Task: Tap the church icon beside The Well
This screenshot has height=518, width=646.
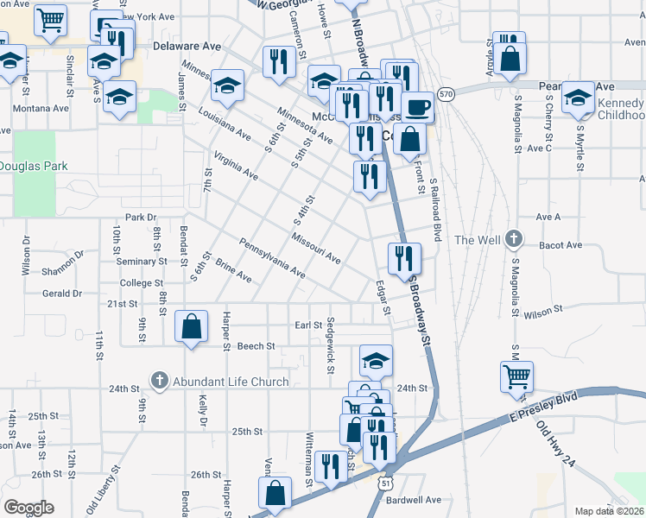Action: (x=514, y=239)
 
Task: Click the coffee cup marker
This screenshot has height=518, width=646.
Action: (x=418, y=107)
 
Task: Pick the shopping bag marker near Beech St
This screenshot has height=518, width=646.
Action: (x=192, y=327)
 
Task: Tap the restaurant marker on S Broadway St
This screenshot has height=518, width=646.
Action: (x=404, y=257)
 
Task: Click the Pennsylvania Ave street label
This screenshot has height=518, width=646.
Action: (x=272, y=258)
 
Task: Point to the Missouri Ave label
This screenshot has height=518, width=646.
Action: (x=315, y=249)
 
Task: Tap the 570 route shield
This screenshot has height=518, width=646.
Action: (x=446, y=93)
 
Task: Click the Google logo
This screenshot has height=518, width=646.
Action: (x=28, y=508)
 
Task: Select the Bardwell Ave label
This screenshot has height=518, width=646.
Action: (x=414, y=500)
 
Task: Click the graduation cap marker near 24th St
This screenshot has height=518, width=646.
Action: (x=376, y=360)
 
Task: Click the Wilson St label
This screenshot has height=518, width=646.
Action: (x=542, y=308)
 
